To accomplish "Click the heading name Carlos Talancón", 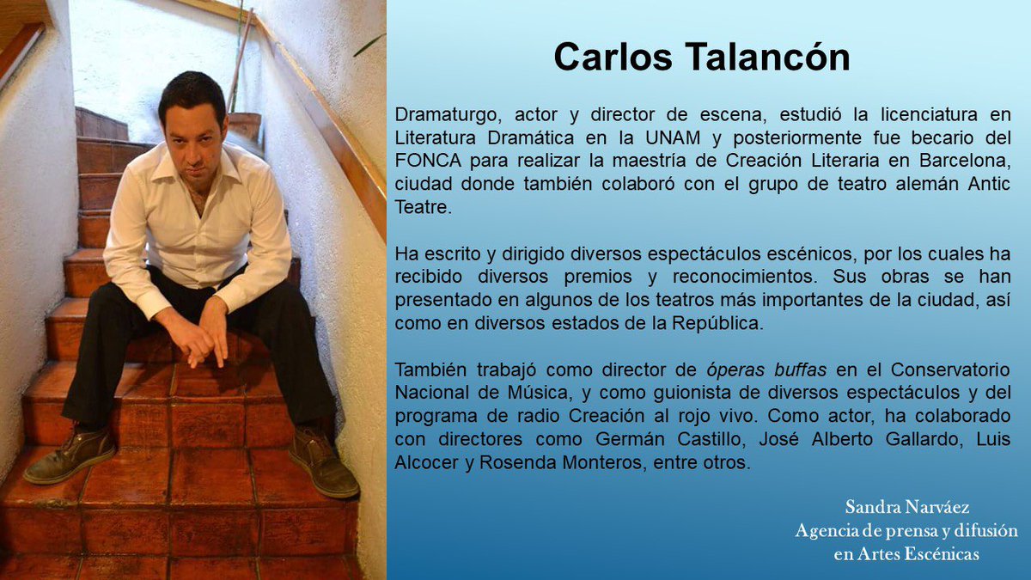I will pos(701,58).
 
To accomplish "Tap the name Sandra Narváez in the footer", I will pos(894,506).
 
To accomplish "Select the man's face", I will pos(194,131).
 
